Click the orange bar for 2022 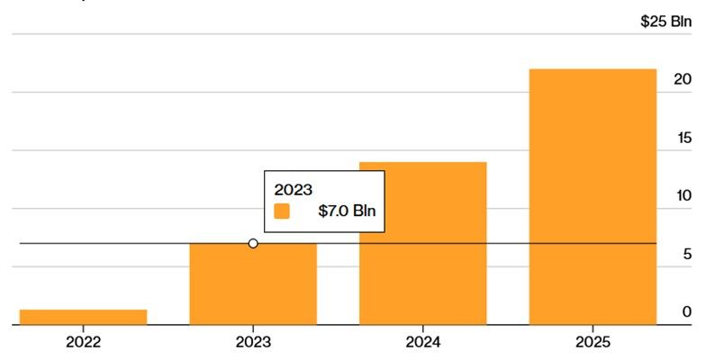pyautogui.click(x=83, y=317)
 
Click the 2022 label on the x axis pyautogui.click(x=83, y=342)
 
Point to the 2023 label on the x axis pyautogui.click(x=253, y=342)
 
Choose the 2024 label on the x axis pyautogui.click(x=422, y=342)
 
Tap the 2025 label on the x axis pyautogui.click(x=593, y=342)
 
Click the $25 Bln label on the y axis pyautogui.click(x=665, y=22)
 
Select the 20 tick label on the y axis pyautogui.click(x=683, y=80)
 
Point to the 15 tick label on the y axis pyautogui.click(x=683, y=138)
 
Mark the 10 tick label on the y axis pyautogui.click(x=683, y=196)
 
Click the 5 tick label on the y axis pyautogui.click(x=686, y=255)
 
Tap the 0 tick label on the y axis pyautogui.click(x=686, y=312)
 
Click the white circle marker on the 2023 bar pyautogui.click(x=253, y=243)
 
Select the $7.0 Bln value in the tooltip pyautogui.click(x=346, y=211)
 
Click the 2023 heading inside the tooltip pyautogui.click(x=294, y=189)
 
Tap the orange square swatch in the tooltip pyautogui.click(x=282, y=211)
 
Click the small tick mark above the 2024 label pyautogui.click(x=422, y=328)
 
